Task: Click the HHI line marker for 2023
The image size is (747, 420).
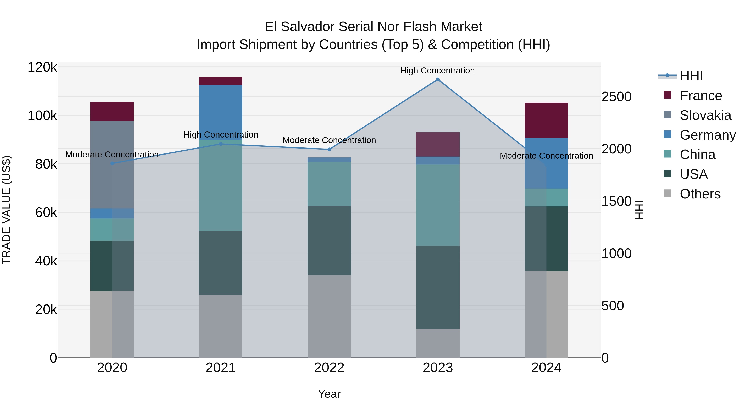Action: (438, 79)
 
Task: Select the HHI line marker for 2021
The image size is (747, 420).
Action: (221, 144)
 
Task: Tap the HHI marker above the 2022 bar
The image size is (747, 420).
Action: (329, 150)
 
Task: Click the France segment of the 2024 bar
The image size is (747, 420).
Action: (546, 120)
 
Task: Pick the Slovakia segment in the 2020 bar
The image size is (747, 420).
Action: (112, 165)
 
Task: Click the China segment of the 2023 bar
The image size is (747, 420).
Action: (438, 205)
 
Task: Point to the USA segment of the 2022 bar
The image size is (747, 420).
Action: (329, 241)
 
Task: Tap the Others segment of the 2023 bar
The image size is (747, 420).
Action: (438, 343)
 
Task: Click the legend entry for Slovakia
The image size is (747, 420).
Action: (705, 115)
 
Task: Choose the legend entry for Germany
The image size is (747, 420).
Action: (708, 135)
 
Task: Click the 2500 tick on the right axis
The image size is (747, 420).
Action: (616, 97)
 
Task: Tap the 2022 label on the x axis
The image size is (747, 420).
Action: (329, 368)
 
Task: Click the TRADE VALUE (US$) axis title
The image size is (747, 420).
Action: (6, 210)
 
